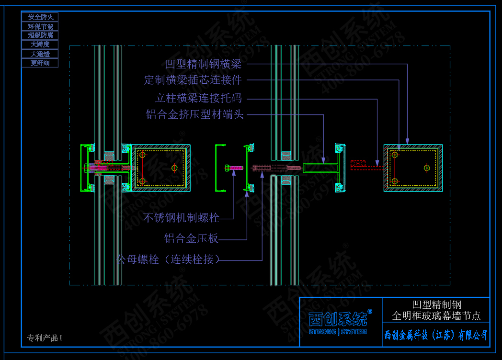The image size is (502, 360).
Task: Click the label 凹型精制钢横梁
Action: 203,64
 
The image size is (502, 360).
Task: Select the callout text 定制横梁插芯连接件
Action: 193,80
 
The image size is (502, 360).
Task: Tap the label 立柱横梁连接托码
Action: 198,99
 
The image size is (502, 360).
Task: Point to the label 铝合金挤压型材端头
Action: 195,115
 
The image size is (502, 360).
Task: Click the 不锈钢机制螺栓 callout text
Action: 182,218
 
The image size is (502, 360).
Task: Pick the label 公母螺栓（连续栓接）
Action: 168,259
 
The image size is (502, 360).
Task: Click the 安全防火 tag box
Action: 40,17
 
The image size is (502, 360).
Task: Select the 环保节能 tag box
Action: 40,26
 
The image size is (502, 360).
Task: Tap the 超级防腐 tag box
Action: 40,35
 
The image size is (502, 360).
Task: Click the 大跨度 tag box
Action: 40,45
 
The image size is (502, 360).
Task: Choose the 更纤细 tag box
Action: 40,63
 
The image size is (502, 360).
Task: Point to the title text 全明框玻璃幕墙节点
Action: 436,316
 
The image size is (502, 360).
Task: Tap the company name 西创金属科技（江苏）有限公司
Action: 436,335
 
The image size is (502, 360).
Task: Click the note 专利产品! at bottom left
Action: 45,338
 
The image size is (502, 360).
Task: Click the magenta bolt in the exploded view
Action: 234,168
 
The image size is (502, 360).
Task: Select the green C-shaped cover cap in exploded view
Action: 218,168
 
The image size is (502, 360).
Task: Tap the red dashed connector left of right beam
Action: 359,164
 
